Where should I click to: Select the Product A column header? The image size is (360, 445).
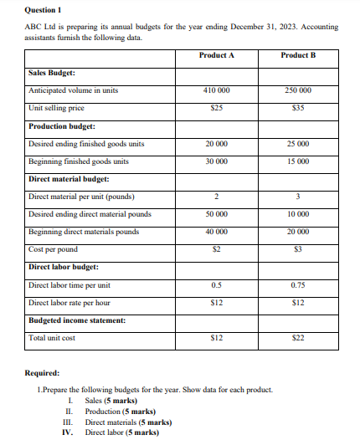tap(217, 55)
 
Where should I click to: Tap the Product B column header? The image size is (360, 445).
tap(299, 55)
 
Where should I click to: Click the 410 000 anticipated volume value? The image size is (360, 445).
tap(217, 90)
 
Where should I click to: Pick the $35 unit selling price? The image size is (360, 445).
tap(299, 108)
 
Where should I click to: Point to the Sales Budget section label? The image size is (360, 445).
tap(52, 73)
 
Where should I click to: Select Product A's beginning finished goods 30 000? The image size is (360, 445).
tap(217, 161)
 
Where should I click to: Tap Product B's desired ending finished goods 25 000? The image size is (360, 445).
tap(299, 144)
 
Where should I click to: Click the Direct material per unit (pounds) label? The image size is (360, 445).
tap(81, 197)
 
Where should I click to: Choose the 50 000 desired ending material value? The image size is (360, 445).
tap(217, 214)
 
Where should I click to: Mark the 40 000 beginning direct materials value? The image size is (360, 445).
tap(217, 232)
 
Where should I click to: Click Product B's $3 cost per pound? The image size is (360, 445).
tap(299, 249)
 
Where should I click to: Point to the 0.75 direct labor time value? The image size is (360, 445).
tap(299, 285)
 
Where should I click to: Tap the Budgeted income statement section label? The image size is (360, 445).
tap(76, 320)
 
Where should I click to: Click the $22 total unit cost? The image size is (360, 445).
tap(299, 338)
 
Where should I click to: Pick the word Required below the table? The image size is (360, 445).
tap(44, 372)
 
